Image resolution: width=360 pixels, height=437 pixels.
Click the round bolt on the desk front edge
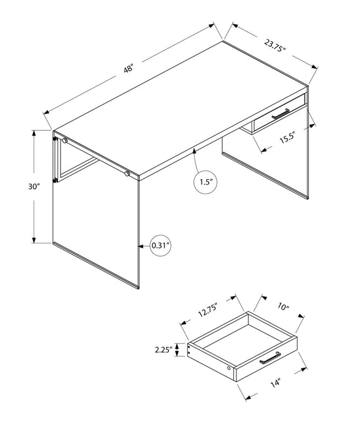tap(127, 173)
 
